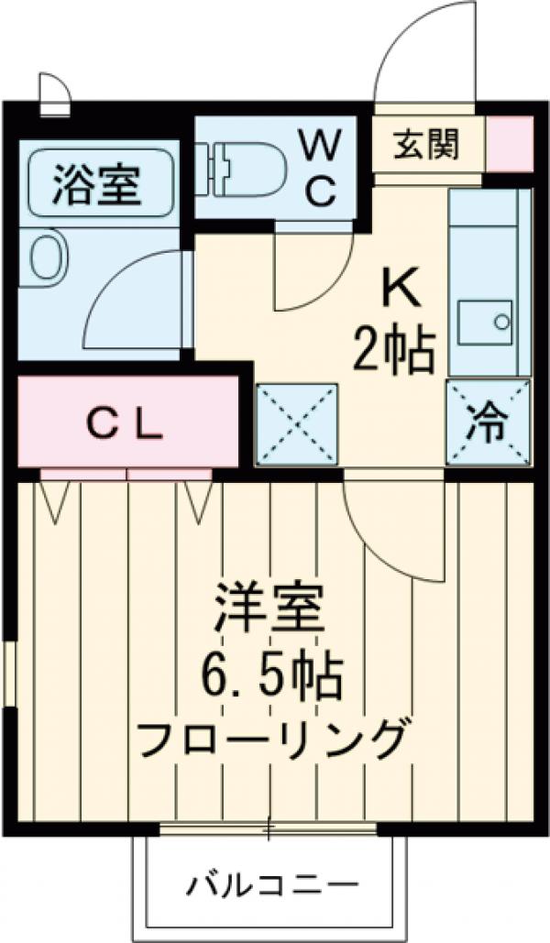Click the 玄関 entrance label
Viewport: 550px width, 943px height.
point(426,145)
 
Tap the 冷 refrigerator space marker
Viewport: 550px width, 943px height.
point(489,423)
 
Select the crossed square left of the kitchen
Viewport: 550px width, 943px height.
point(296,424)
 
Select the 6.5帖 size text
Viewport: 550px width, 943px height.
point(272,679)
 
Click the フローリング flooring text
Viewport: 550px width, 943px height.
point(271,738)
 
